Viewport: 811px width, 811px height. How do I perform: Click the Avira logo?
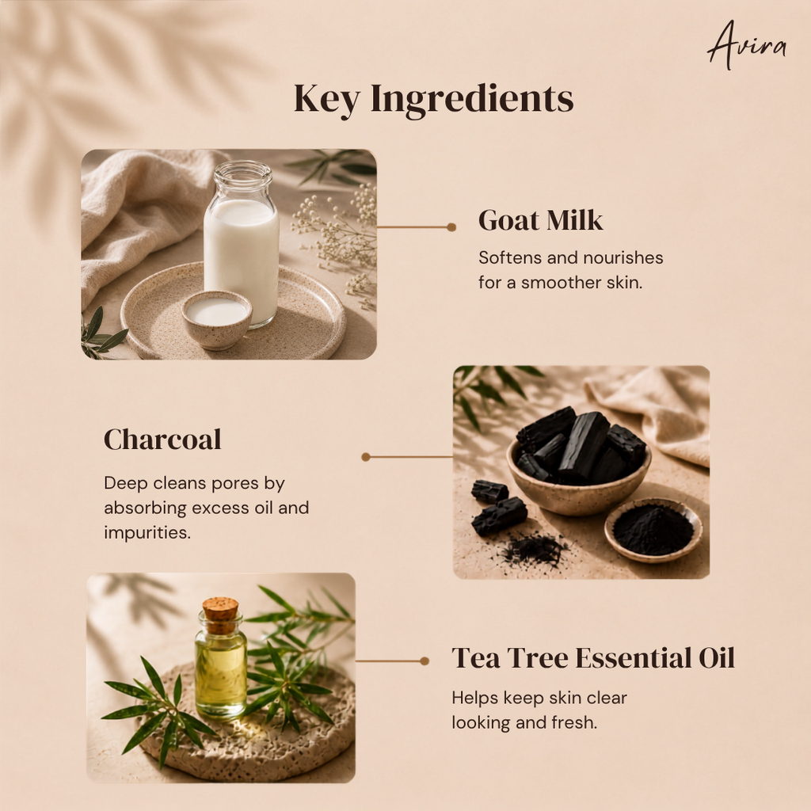746,45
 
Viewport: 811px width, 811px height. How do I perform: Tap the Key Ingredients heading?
433,99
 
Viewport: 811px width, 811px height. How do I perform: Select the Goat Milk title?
540,220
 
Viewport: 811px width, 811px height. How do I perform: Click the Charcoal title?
162,440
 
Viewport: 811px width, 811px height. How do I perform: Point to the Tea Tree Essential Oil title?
593,658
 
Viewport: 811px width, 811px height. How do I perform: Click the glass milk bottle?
242,243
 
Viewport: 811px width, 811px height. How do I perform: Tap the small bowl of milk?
217,319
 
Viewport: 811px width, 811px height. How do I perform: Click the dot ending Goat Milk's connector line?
451,227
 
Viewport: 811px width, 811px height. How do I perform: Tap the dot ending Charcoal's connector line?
366,457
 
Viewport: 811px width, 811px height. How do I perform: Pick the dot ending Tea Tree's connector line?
425,661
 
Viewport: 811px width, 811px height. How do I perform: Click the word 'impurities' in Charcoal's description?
147,533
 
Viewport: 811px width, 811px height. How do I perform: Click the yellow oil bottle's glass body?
221,672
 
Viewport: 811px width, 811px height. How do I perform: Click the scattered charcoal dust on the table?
533,550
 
